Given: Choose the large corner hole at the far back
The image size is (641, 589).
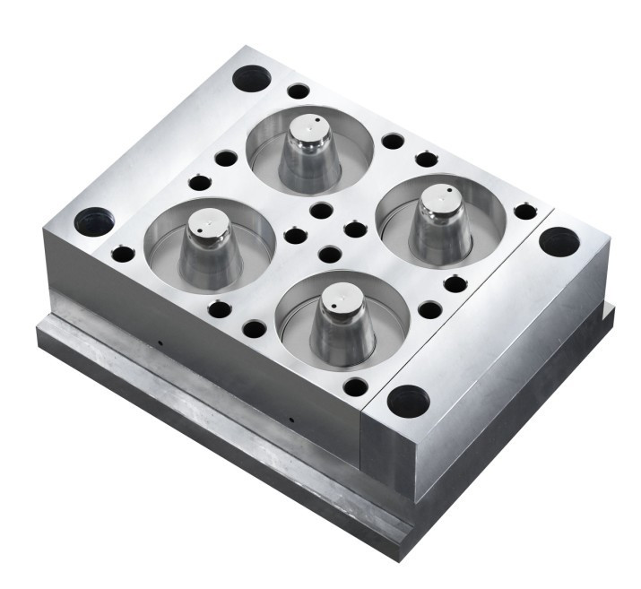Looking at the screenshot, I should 251,79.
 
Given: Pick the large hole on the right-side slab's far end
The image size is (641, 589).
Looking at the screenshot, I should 559,240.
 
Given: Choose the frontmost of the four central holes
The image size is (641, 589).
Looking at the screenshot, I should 329,255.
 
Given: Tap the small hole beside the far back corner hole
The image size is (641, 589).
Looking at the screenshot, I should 299,91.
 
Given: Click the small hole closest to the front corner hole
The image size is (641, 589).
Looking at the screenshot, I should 356,387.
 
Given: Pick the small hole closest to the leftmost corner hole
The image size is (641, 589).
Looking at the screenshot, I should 123,254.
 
